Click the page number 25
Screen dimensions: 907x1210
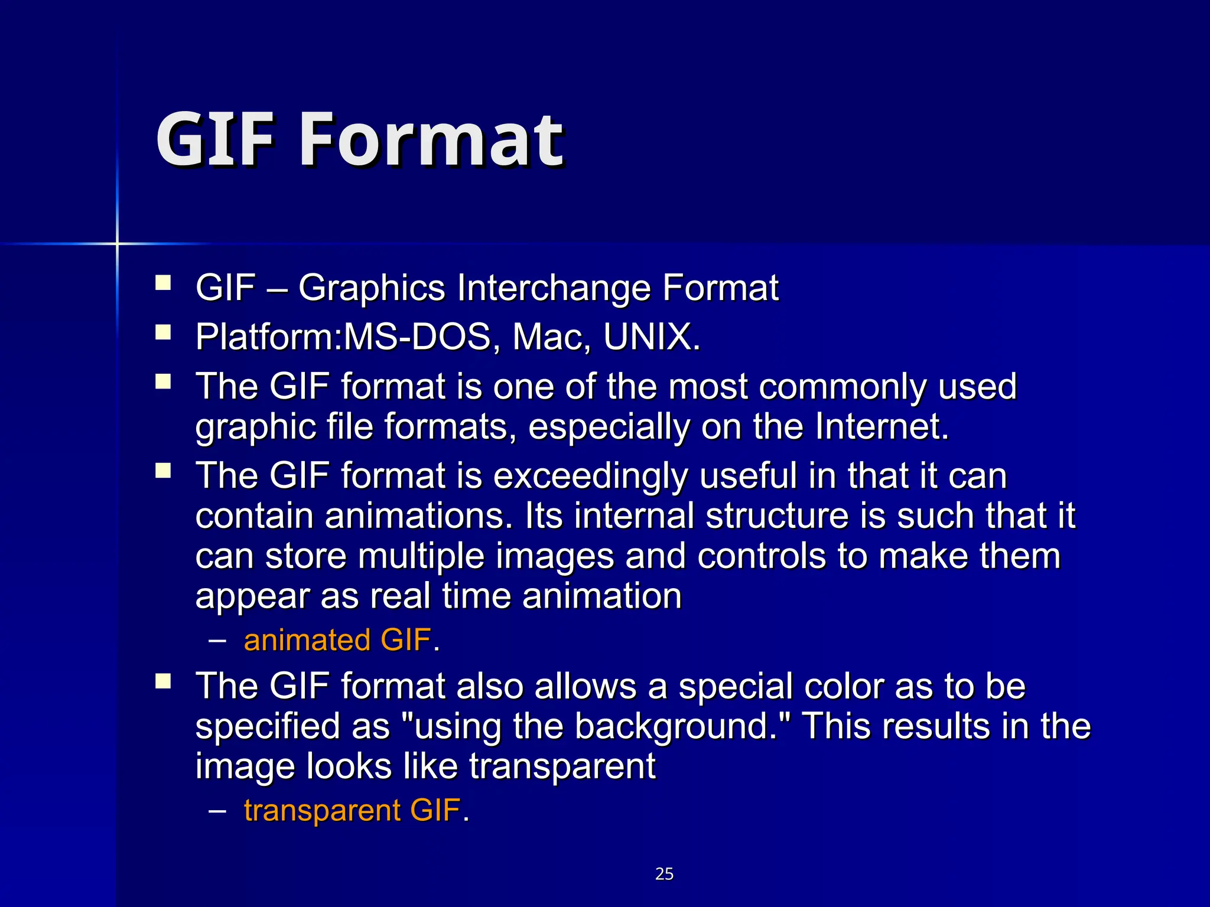664,874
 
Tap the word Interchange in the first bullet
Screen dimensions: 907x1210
554,288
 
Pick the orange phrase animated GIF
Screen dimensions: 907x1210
337,640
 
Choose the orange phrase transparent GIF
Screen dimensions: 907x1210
352,810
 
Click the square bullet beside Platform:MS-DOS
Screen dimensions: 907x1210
163,332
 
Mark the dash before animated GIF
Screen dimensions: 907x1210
217,640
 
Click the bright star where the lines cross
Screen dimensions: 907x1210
117,243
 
